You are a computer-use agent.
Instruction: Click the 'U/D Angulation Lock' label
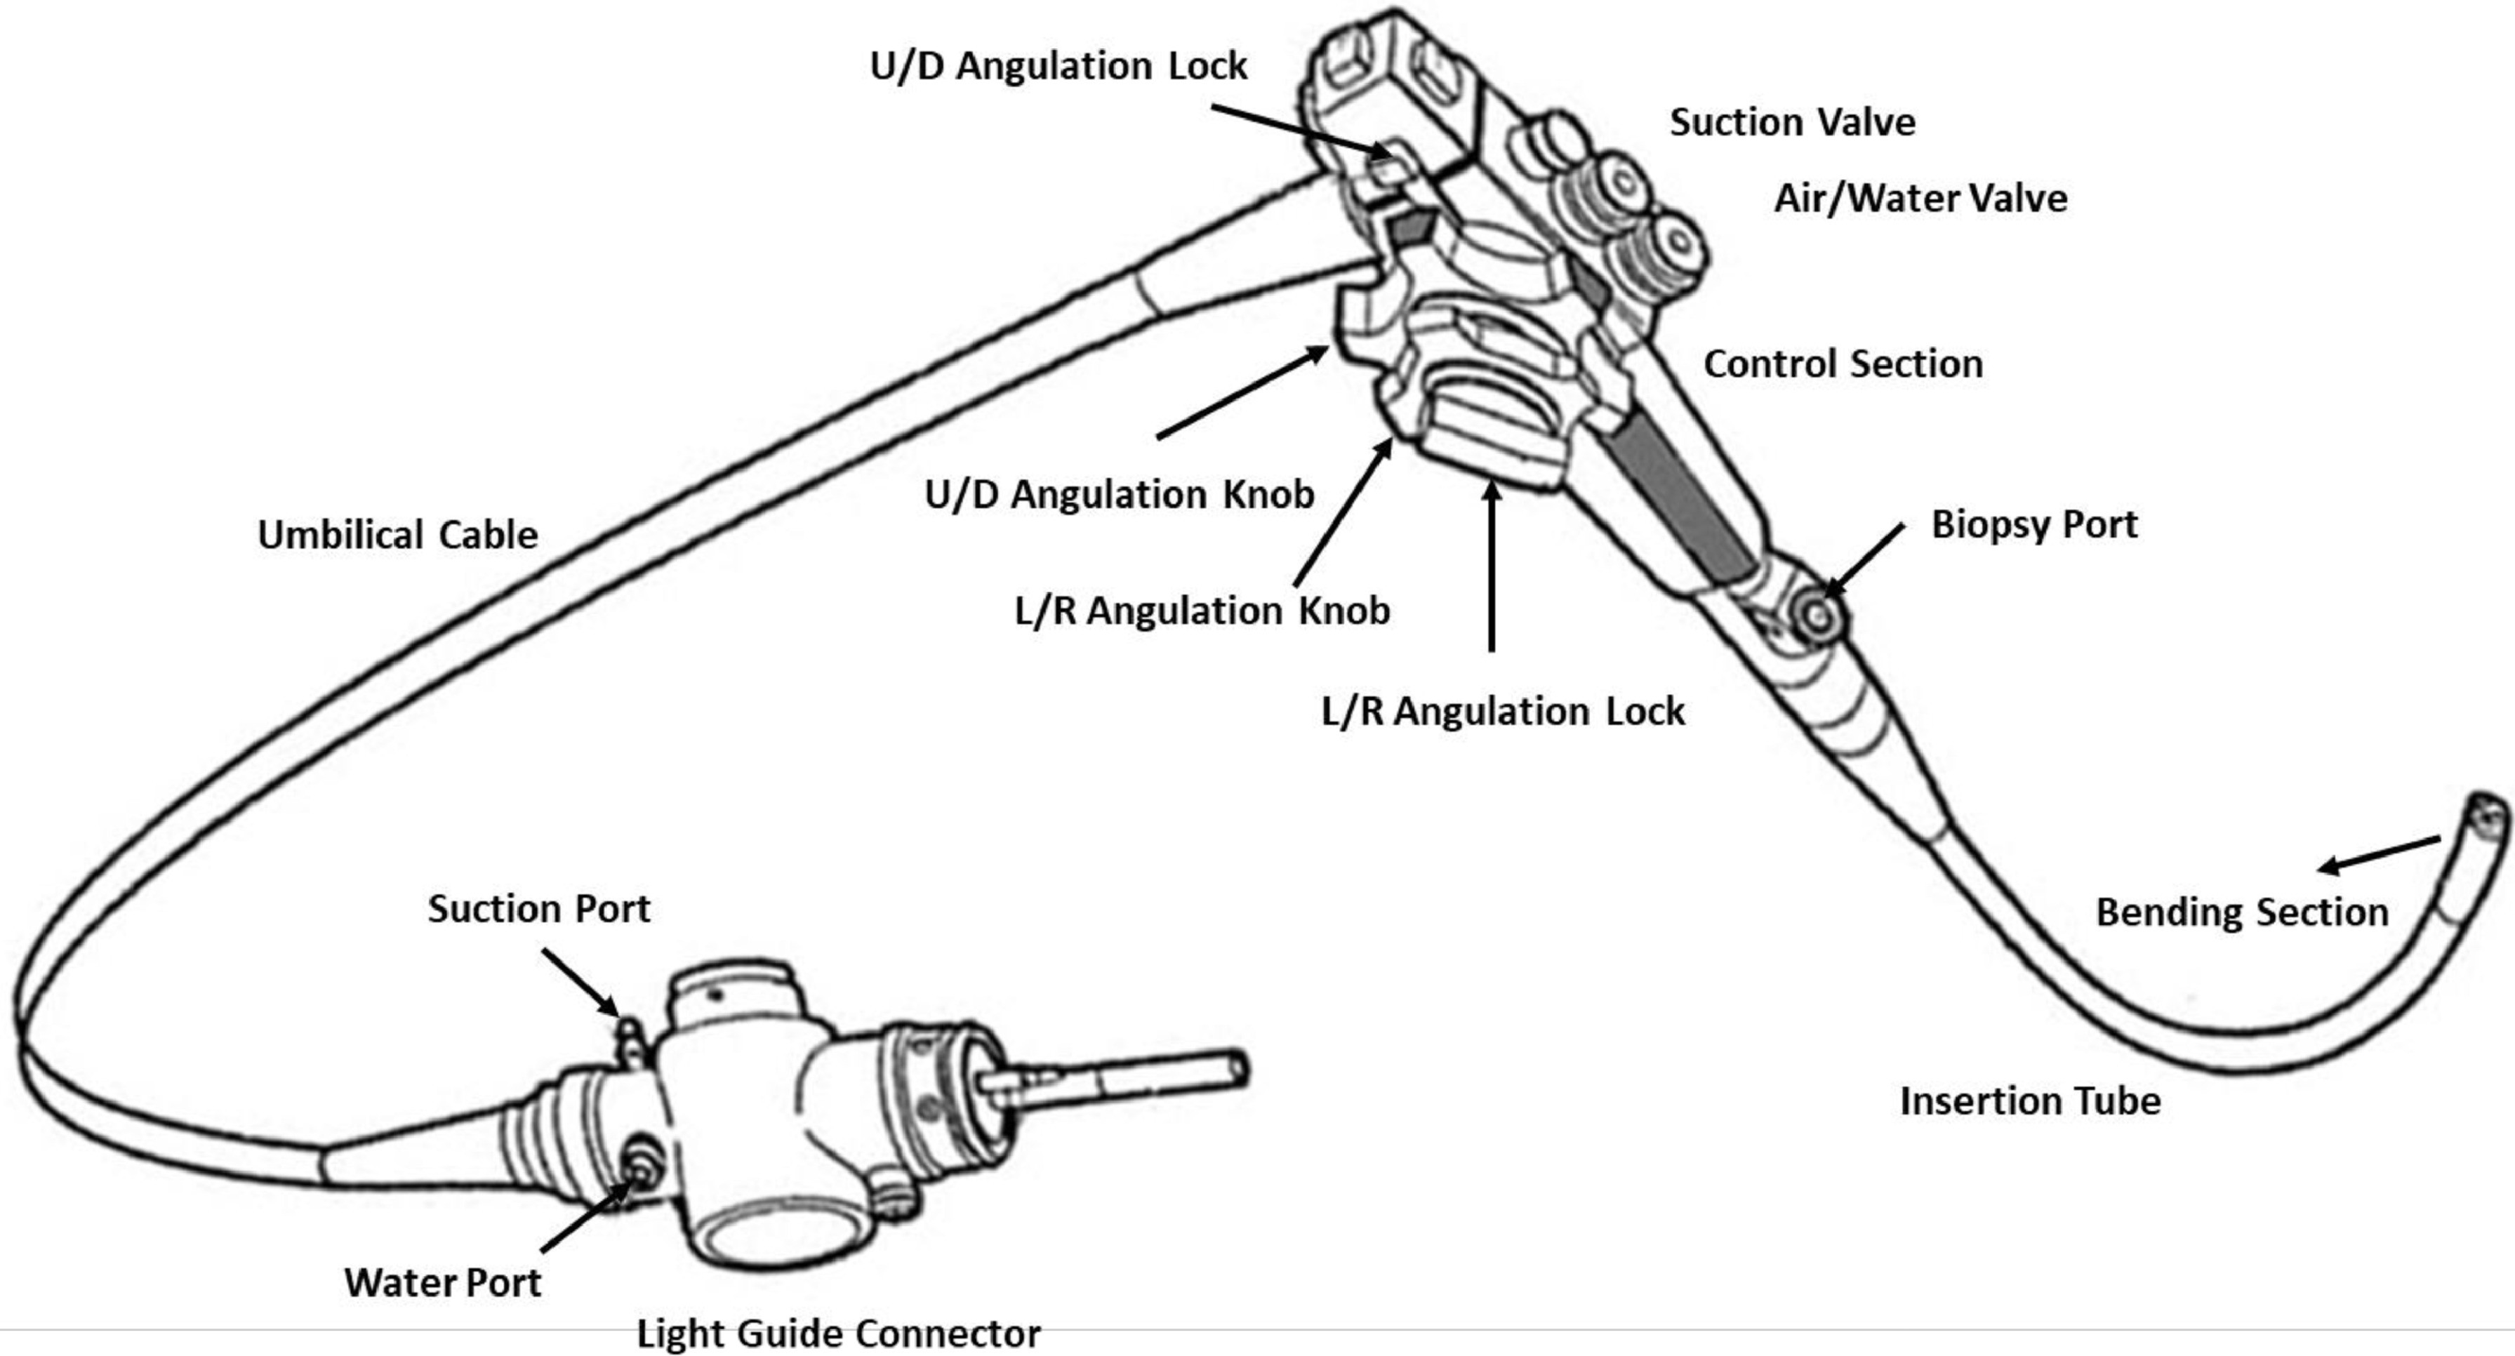(x=1059, y=67)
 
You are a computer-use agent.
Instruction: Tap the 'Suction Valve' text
(x=1791, y=122)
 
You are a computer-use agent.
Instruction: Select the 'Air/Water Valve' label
(x=1920, y=198)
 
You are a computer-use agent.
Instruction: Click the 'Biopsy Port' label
(x=2033, y=525)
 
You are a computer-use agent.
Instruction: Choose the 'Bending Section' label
(x=2242, y=912)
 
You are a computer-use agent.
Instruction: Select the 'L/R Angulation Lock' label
(x=1503, y=711)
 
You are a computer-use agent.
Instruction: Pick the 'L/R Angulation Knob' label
(x=1202, y=611)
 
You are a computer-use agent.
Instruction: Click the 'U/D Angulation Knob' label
(x=1119, y=494)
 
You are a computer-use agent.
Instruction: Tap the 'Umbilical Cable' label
(x=397, y=535)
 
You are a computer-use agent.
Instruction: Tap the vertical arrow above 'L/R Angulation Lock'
(x=1491, y=566)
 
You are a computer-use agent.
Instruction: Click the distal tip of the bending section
(x=2488, y=815)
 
